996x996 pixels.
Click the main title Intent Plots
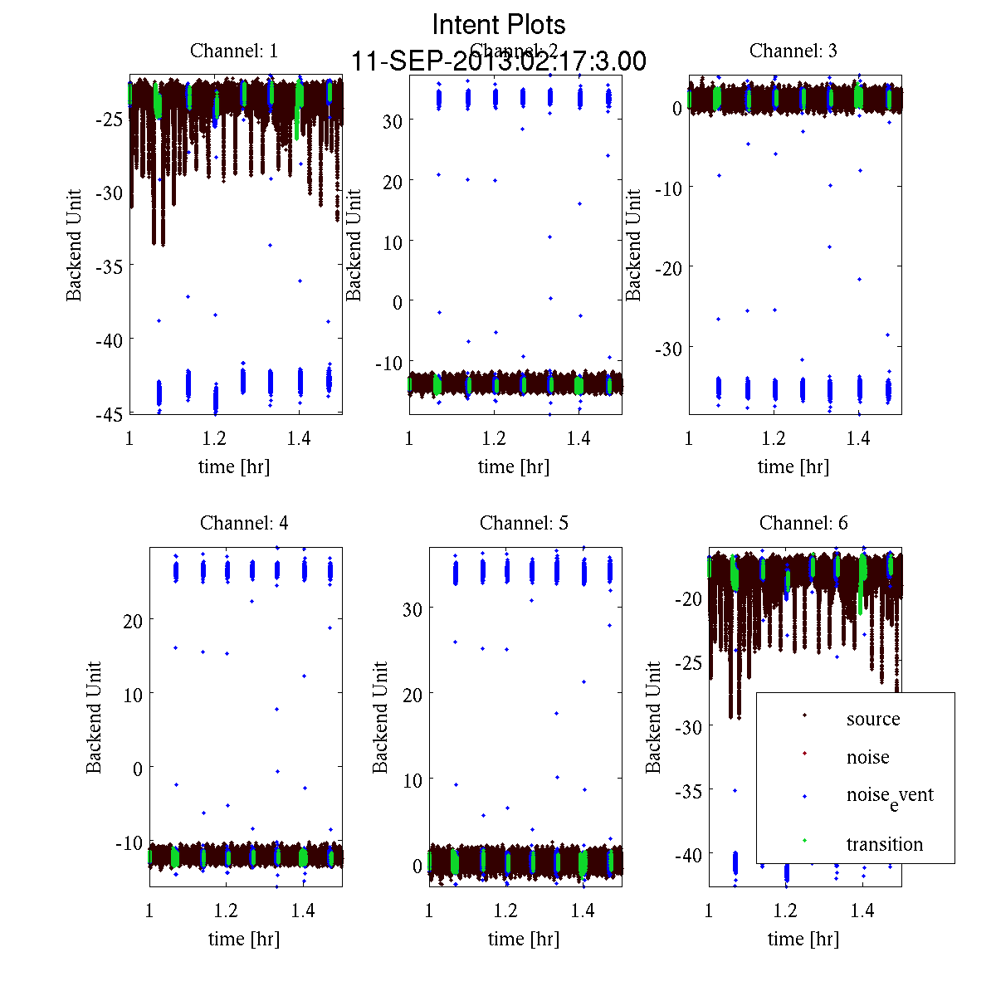(x=499, y=24)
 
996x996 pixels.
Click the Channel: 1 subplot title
(x=234, y=51)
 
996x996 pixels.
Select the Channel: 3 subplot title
(x=793, y=51)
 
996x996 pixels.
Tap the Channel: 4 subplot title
(x=244, y=523)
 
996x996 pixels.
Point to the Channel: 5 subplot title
(x=524, y=523)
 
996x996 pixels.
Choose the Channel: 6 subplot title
(x=803, y=523)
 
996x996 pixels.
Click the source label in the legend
(x=872, y=719)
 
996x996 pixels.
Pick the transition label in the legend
(x=884, y=844)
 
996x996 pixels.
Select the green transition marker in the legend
(x=804, y=842)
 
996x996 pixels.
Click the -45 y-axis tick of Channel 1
(x=110, y=413)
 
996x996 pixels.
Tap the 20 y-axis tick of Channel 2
(x=392, y=181)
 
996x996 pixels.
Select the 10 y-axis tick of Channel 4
(x=132, y=694)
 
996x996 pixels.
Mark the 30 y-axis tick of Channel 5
(x=412, y=608)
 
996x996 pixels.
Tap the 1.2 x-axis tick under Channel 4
(x=226, y=911)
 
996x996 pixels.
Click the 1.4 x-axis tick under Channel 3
(x=858, y=438)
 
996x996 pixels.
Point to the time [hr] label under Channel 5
(x=524, y=939)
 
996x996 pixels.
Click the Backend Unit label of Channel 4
(x=94, y=717)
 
